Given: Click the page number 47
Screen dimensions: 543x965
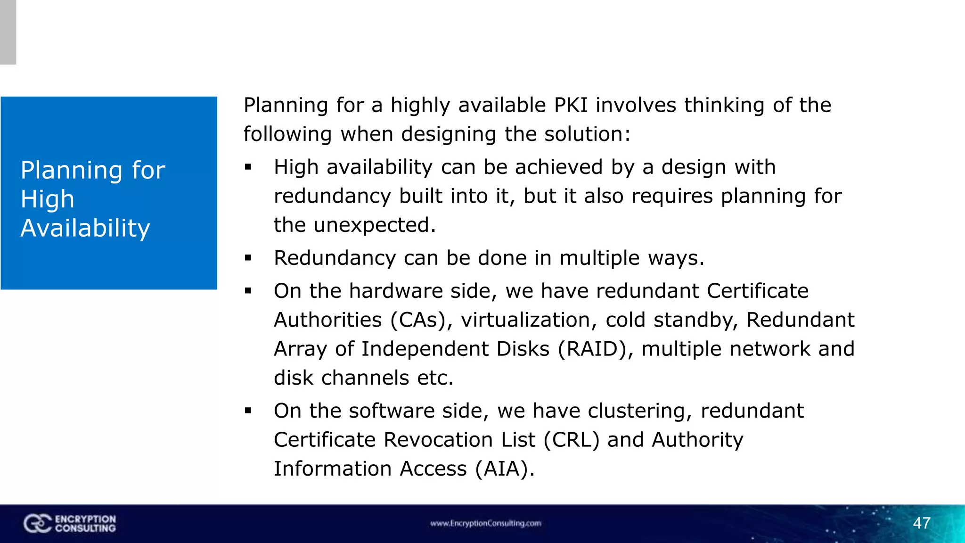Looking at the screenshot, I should (x=922, y=523).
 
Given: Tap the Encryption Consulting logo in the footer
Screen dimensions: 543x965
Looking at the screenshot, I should (x=70, y=524).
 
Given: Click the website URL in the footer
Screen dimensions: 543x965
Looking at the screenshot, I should (x=485, y=523).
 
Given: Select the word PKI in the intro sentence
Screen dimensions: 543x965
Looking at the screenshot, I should (x=571, y=105).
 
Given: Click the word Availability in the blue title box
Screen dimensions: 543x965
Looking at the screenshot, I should (x=85, y=228).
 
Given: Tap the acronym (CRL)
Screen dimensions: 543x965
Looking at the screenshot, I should (x=572, y=440).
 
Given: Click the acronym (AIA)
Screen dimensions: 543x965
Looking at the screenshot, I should (x=505, y=469).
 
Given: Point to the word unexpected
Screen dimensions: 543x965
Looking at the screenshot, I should (x=375, y=225).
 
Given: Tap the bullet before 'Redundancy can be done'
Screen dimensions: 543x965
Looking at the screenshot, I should (x=248, y=258).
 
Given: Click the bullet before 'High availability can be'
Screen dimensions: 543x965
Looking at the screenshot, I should (x=248, y=167).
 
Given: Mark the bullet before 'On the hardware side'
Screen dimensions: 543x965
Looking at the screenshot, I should (x=248, y=291).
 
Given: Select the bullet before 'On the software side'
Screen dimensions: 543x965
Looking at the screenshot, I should (x=248, y=411).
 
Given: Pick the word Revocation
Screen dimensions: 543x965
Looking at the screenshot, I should (x=459, y=440).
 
